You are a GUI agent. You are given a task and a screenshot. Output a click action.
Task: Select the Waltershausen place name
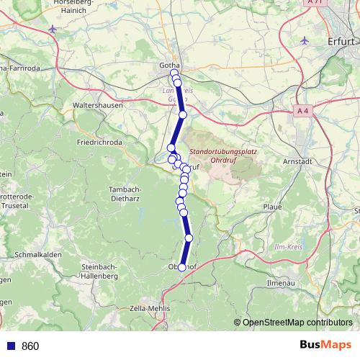[98, 105]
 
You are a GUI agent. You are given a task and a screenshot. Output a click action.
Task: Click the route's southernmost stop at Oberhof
[181, 267]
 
